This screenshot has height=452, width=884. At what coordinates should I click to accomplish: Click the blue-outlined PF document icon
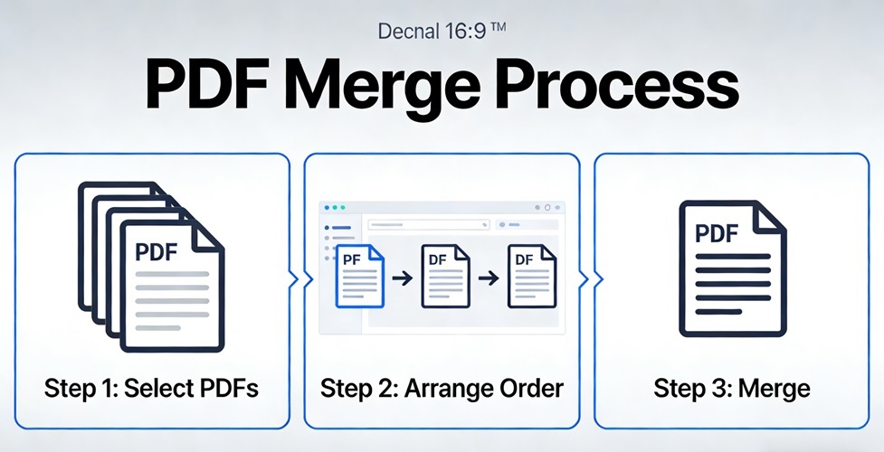359,277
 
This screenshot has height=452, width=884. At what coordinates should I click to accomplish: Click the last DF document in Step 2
529,275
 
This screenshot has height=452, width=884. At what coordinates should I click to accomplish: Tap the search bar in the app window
425,222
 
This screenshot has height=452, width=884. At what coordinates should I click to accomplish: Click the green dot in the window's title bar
343,208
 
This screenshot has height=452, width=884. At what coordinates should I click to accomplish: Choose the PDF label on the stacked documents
157,252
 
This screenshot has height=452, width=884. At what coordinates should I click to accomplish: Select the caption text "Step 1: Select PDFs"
152,389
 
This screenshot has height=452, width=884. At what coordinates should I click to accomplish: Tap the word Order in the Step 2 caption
536,389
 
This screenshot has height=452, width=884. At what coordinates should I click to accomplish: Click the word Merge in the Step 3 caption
774,389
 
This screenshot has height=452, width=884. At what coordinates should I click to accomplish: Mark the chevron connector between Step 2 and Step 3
584,279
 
